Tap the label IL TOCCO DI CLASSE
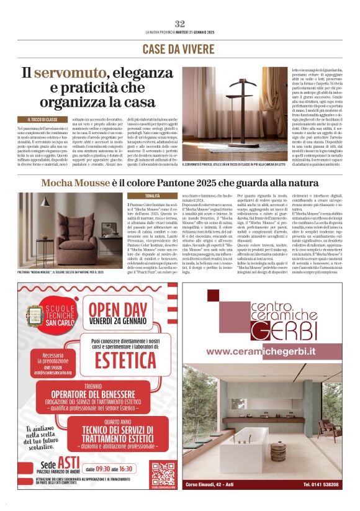click(x=43, y=119)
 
